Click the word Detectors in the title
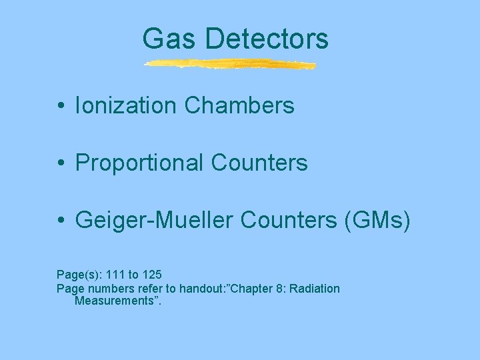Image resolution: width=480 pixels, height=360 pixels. [x=267, y=39]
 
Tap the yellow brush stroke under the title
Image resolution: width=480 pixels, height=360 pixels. [x=230, y=65]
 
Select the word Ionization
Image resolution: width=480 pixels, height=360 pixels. [x=126, y=105]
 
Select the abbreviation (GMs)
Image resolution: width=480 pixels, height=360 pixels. [x=375, y=220]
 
